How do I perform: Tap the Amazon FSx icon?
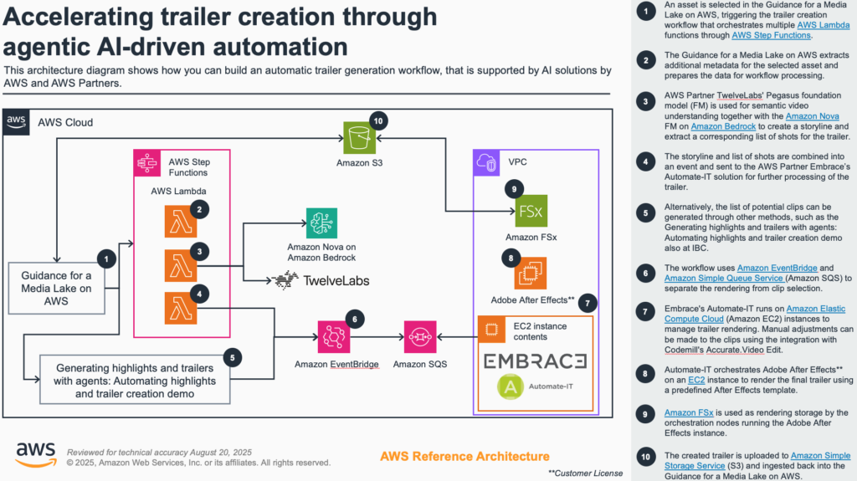(x=531, y=211)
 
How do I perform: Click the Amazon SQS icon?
(x=420, y=336)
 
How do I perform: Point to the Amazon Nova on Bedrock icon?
(x=322, y=223)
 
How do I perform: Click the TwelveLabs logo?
(x=321, y=281)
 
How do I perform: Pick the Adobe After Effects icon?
(x=531, y=273)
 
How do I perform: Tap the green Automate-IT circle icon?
(x=511, y=386)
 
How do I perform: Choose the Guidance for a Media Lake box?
(x=56, y=288)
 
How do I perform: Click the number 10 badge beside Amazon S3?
(x=377, y=120)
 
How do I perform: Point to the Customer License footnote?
(x=586, y=473)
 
